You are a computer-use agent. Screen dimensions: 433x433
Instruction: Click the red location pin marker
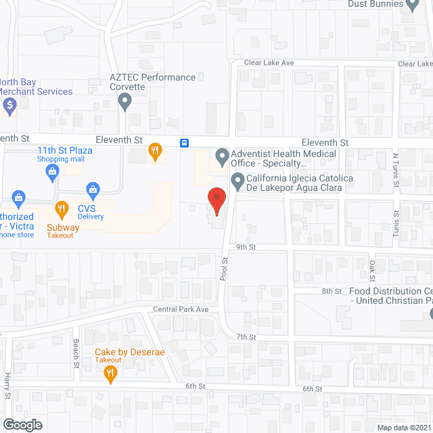pos(216,200)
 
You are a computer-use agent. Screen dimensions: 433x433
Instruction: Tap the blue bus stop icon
pos(184,143)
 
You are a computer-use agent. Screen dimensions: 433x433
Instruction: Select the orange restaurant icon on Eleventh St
pos(156,153)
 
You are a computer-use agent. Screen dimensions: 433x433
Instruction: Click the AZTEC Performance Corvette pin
pos(124,102)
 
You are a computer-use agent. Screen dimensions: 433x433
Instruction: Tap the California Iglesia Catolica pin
pos(237,181)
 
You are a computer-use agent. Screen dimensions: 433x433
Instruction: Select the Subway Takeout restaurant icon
pos(62,209)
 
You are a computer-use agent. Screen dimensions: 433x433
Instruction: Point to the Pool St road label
pos(224,269)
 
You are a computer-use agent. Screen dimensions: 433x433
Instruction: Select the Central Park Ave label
pos(180,309)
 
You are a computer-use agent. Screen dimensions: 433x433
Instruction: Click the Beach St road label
pos(76,353)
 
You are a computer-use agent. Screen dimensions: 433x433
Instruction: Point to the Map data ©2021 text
pos(403,428)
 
